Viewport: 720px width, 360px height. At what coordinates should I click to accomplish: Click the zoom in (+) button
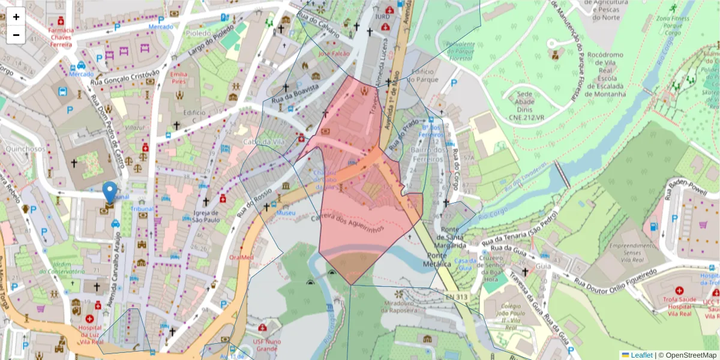16,17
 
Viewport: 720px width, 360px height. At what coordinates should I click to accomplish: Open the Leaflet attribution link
640,355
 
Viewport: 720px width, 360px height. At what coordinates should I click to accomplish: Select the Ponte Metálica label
437,260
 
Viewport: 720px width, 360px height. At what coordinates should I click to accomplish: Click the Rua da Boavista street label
295,95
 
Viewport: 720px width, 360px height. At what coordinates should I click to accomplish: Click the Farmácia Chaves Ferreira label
61,37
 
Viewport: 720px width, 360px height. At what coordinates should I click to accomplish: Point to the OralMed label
241,257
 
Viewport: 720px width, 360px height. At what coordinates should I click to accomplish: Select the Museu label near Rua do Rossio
286,213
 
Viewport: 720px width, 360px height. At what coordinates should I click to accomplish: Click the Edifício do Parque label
425,75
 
